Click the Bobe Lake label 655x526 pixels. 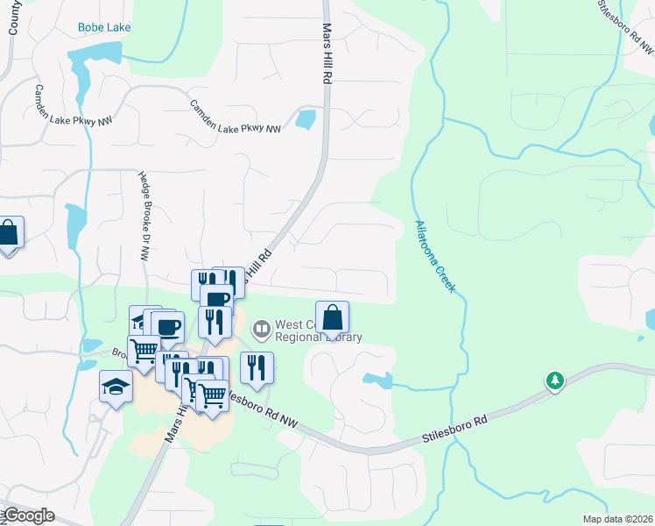click(104, 27)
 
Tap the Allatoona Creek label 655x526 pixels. click(434, 255)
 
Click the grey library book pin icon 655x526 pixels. click(261, 331)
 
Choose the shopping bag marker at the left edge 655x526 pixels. click(8, 233)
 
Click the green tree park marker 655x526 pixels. click(553, 381)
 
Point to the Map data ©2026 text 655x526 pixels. click(617, 519)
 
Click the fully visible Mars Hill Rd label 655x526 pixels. click(327, 53)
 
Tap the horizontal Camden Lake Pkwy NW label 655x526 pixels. click(236, 117)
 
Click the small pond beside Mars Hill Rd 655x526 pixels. click(306, 119)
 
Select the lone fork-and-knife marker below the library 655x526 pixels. click(257, 368)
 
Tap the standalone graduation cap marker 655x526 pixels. click(116, 387)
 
